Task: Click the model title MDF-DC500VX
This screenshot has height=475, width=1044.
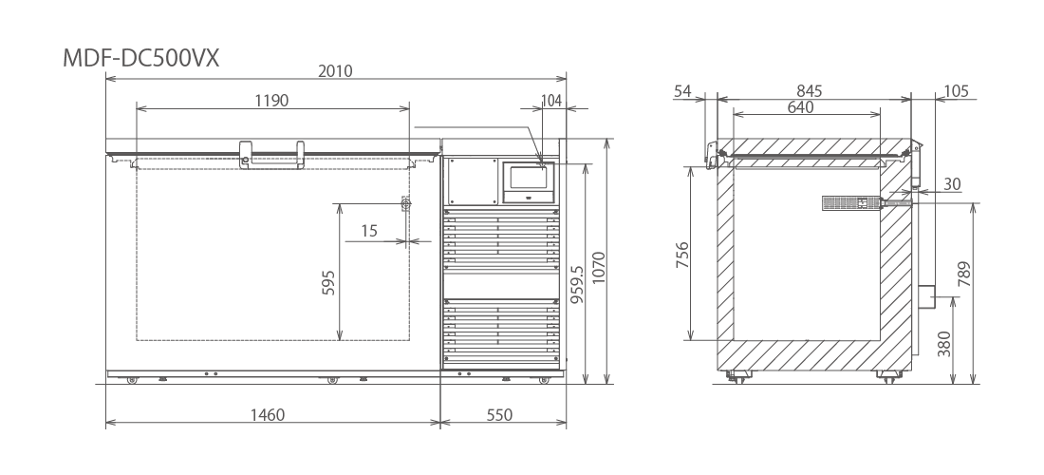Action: (x=140, y=59)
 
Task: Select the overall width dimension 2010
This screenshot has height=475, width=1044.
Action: (x=335, y=70)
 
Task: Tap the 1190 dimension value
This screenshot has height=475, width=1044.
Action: (x=271, y=101)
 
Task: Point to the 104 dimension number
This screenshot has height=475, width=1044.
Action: (x=552, y=101)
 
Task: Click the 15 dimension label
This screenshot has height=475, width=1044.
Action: (x=369, y=231)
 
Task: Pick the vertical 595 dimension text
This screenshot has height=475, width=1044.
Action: (x=328, y=282)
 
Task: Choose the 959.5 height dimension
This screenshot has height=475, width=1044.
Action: (x=577, y=284)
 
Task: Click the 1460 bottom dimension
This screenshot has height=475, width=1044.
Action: (x=267, y=415)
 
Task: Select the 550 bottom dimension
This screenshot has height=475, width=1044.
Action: (x=499, y=415)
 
